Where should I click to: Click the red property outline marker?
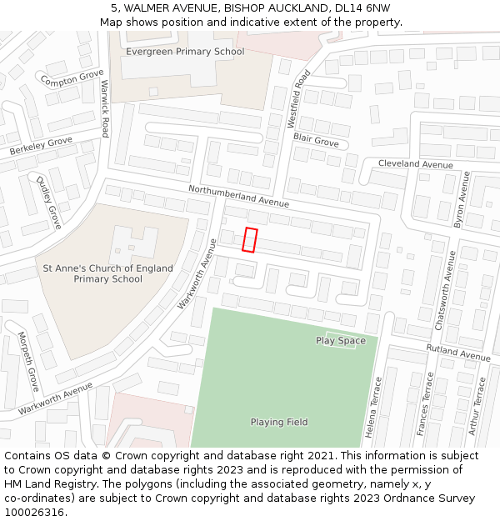[250, 239]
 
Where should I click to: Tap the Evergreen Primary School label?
[185, 52]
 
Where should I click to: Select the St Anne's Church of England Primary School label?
[108, 273]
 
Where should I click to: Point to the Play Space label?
[340, 340]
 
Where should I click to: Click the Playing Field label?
[279, 423]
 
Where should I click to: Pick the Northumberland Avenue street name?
[238, 197]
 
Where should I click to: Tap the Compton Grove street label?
[72, 79]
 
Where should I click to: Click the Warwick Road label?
[105, 109]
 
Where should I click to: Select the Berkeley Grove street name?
[41, 147]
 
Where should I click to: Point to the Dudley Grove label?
[48, 202]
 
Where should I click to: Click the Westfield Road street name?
[298, 98]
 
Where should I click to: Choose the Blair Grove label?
[316, 142]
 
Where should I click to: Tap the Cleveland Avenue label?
[416, 164]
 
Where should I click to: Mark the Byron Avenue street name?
[461, 199]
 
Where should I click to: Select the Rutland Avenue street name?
[458, 352]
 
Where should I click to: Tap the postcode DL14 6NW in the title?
[360, 8]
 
